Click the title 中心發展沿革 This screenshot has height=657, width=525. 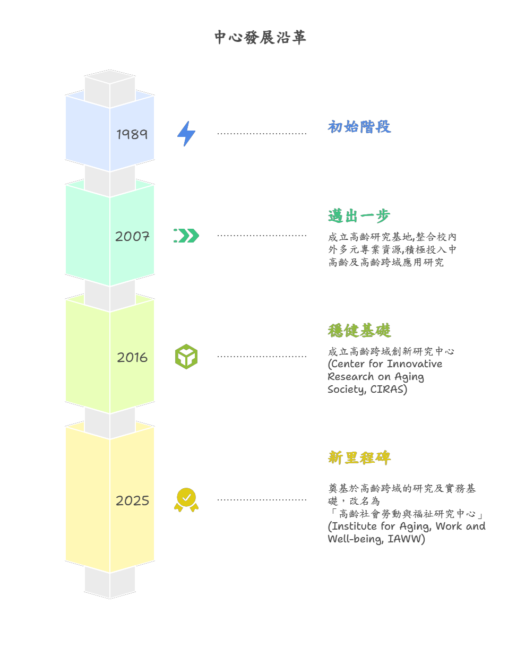260,37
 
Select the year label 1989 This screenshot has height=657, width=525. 132,134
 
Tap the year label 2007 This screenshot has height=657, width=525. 132,236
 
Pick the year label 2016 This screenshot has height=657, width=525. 132,357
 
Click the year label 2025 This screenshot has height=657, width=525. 132,500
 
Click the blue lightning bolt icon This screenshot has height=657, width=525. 186,134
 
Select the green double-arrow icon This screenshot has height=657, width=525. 186,236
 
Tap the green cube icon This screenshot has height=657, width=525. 186,357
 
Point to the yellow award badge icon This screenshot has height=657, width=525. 186,500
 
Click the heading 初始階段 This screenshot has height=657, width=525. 359,127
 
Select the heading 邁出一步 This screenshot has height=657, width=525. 359,216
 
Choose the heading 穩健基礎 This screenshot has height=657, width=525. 359,331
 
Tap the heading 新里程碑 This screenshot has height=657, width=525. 359,457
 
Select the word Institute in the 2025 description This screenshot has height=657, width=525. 354,526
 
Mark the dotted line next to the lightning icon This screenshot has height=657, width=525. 262,134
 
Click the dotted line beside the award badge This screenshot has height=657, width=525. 262,500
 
